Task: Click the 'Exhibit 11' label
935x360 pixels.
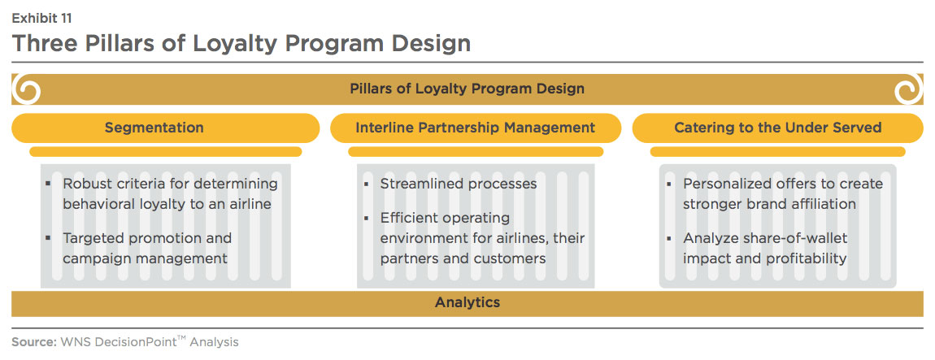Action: click(x=41, y=19)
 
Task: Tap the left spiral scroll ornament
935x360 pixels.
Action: click(x=27, y=89)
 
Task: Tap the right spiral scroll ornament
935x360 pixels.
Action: click(x=908, y=89)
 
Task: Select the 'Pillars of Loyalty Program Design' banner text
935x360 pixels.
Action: click(x=467, y=89)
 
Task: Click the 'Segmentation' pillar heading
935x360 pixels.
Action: click(x=154, y=128)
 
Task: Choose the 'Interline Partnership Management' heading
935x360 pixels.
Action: click(x=476, y=128)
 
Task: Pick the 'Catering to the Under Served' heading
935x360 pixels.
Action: click(x=777, y=128)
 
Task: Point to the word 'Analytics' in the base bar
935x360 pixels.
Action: click(x=467, y=302)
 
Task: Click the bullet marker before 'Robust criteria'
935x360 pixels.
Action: click(x=48, y=183)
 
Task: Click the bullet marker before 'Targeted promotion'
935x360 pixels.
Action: click(x=48, y=238)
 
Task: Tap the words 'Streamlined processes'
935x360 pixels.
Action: click(x=459, y=184)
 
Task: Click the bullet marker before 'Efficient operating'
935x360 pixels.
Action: click(x=366, y=218)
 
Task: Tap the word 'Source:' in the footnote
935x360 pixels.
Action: click(x=33, y=343)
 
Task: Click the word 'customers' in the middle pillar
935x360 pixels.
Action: click(x=510, y=258)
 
